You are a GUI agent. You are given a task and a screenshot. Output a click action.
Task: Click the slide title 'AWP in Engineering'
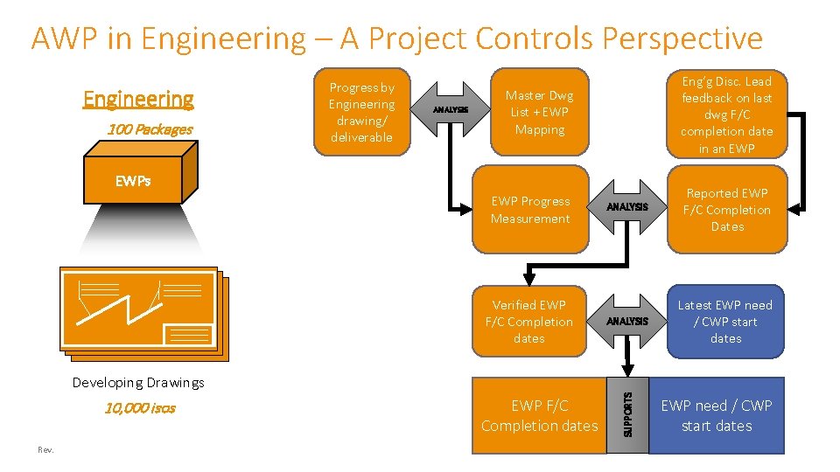pos(396,38)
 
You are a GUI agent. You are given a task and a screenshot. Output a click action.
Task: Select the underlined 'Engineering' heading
pos(138,99)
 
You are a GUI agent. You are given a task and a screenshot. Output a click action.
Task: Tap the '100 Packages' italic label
pos(150,129)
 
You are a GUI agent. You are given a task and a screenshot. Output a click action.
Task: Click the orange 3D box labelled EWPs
pos(133,181)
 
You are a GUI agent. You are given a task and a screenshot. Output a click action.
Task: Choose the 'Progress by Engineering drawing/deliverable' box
pos(361,112)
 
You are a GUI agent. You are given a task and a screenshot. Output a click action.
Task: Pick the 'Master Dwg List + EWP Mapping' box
pos(540,112)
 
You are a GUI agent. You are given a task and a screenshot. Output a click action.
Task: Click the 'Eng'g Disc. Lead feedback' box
pos(726,115)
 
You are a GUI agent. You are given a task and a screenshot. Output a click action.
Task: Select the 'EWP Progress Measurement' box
pos(530,210)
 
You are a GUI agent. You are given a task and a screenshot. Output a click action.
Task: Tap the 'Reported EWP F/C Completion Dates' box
pos(726,210)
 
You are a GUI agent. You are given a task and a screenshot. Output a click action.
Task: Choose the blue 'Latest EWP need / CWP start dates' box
pos(725,321)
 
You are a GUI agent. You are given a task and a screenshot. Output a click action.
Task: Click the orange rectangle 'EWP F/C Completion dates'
pos(539,415)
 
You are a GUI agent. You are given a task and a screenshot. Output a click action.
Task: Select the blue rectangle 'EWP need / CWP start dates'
pos(716,415)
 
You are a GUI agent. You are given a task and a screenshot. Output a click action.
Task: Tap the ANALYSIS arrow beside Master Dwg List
pos(451,109)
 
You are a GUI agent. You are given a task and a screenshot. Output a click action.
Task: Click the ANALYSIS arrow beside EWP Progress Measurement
pos(627,207)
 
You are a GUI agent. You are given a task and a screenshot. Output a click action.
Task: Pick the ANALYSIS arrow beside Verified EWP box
pos(627,321)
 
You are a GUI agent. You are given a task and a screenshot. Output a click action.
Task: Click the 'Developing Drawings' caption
pos(138,382)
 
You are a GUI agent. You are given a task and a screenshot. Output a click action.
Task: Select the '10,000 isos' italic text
pos(140,407)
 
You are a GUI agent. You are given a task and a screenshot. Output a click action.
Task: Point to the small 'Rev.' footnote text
pos(45,449)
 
